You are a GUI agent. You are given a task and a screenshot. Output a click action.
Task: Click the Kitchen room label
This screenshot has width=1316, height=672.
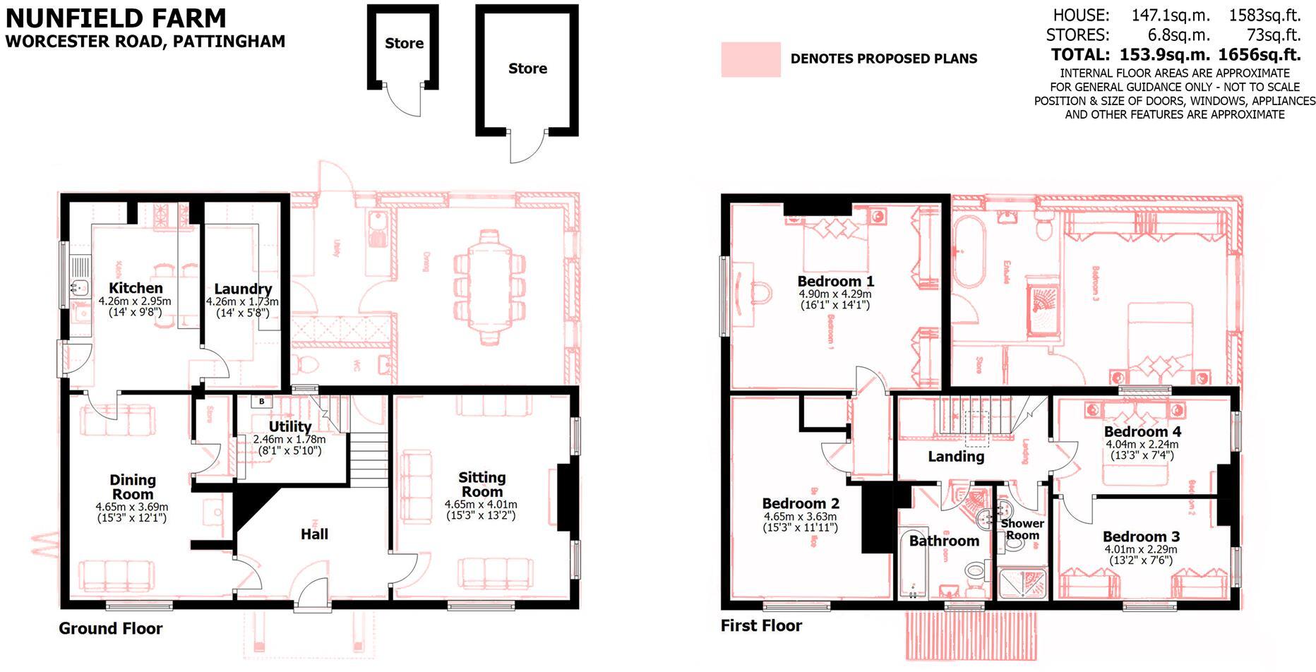(x=136, y=288)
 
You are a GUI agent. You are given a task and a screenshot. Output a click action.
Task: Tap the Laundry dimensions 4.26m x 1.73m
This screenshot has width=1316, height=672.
(x=242, y=301)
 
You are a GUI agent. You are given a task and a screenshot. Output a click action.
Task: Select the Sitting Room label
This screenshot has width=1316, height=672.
(x=481, y=484)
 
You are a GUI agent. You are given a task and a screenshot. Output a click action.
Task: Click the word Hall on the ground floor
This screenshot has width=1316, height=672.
(x=314, y=534)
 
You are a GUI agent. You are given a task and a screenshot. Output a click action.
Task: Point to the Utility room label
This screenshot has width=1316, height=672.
(x=289, y=426)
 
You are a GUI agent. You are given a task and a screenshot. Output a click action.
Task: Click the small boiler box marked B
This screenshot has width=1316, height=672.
(x=262, y=402)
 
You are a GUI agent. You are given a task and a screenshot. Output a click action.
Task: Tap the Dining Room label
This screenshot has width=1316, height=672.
(x=133, y=487)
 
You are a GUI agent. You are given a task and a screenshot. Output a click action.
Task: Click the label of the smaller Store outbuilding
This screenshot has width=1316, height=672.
(x=404, y=43)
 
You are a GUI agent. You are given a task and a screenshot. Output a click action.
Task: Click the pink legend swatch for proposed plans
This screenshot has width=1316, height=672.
(x=750, y=59)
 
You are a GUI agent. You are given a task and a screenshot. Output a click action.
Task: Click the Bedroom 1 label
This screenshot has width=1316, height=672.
(x=835, y=281)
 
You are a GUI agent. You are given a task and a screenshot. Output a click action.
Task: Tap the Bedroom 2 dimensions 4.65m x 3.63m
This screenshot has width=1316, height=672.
(x=800, y=517)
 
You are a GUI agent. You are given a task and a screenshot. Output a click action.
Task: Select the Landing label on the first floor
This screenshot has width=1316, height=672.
(x=955, y=457)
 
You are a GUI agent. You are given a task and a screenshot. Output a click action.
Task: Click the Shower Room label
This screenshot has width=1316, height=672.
(x=1022, y=529)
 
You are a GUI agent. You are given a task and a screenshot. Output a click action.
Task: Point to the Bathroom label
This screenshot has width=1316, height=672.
(x=944, y=541)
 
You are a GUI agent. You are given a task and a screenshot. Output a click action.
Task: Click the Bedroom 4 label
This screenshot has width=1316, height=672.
(x=1142, y=431)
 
